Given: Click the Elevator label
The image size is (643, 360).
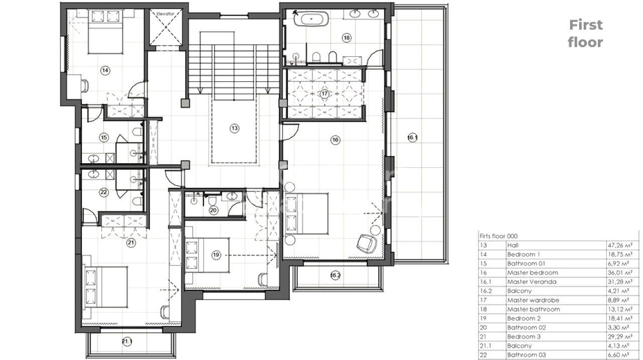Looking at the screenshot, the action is (165, 14).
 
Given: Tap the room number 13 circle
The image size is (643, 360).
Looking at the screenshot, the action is (235, 128).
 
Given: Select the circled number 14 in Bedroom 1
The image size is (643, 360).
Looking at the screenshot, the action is (105, 70).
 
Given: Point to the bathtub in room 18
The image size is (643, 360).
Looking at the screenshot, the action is (311, 19).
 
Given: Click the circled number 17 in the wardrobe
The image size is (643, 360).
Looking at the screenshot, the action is (325, 93).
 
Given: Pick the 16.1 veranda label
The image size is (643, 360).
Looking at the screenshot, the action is (412, 138).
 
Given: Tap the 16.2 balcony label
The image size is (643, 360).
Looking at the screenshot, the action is (335, 275).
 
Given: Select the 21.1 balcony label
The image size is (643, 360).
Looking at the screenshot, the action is (127, 341).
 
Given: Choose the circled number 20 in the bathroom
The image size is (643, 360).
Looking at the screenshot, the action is (213, 210).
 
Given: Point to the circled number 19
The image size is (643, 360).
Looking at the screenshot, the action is (216, 255).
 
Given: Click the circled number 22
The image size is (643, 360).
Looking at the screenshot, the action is (104, 192).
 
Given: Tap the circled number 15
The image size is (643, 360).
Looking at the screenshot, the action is (104, 138).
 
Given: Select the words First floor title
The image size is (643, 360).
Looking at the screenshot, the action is (586, 34).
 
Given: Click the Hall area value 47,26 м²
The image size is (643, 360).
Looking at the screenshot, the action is (620, 245).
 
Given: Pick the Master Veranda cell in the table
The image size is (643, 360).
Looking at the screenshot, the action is (531, 282).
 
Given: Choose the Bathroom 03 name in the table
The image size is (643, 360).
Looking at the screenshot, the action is (526, 355).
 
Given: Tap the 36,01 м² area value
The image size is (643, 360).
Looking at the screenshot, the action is (620, 273).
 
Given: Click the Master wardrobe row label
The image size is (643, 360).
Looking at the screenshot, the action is (533, 300).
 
